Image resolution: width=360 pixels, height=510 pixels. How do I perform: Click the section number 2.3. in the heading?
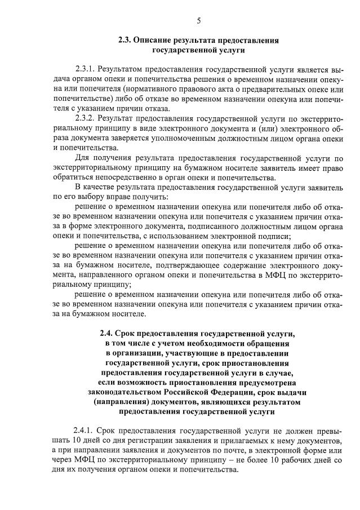[126, 40]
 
